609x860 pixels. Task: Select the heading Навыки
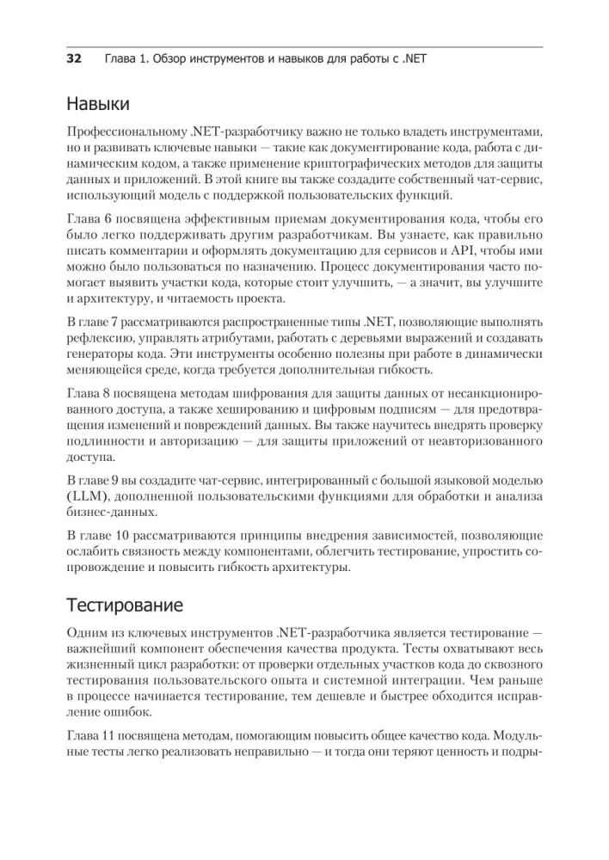(98, 105)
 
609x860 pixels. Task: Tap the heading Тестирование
(125, 605)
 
